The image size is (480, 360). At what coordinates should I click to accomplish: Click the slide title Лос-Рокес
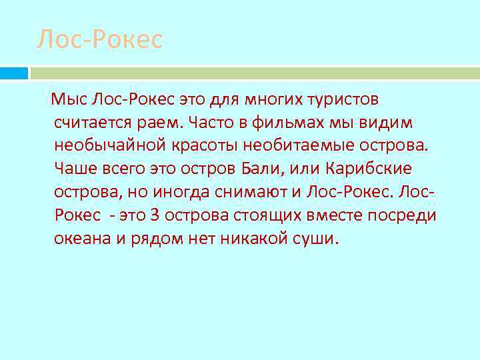tap(99, 39)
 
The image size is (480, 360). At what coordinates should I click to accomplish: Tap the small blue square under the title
tap(13, 73)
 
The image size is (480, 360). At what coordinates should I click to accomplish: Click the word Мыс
tap(68, 100)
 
